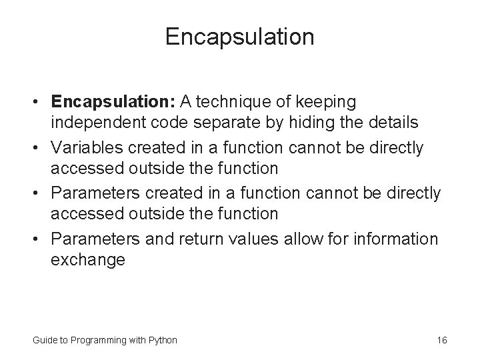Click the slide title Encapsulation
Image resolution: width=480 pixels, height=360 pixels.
click(240, 37)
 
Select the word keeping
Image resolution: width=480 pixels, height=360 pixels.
click(331, 102)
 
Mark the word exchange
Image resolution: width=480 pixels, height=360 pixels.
click(88, 260)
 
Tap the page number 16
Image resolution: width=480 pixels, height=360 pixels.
click(441, 340)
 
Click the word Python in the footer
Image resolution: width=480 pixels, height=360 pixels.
click(163, 340)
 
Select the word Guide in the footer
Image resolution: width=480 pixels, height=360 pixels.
click(44, 340)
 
